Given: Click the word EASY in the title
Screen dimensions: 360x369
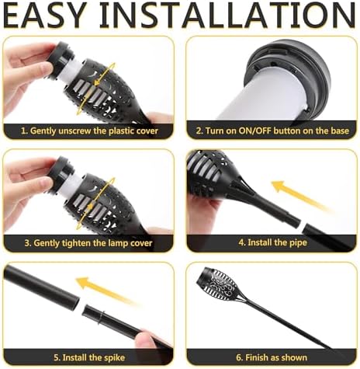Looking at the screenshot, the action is (x=45, y=15).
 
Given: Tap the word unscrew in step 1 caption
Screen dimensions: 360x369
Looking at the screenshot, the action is (x=75, y=131).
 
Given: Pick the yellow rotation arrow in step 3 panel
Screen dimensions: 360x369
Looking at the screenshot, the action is (x=95, y=204).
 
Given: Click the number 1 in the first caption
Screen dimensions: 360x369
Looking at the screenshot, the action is (x=24, y=131).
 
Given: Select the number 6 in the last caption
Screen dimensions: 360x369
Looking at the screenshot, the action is (x=239, y=358).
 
